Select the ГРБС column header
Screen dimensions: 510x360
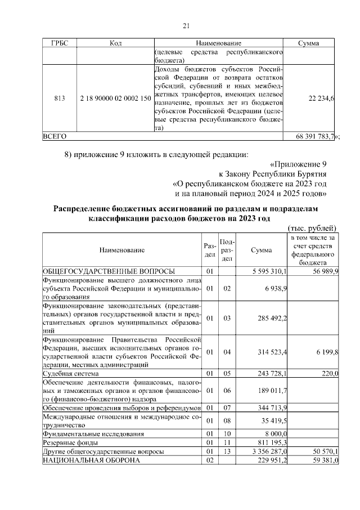coord(59,43)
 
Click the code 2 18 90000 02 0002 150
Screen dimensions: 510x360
coord(115,98)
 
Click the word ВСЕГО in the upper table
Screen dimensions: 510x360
coord(55,136)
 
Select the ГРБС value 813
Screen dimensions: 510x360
coord(59,98)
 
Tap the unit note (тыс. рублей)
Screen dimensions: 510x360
coord(312,229)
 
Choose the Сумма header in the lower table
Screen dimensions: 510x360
coord(261,250)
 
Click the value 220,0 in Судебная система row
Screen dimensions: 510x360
coord(329,373)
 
